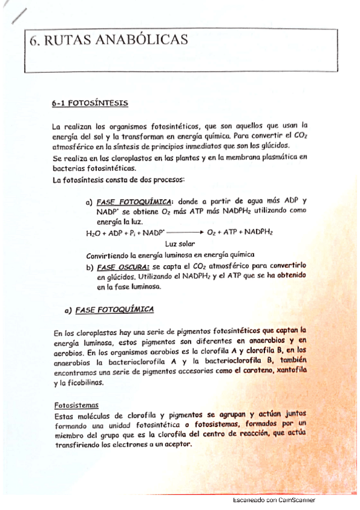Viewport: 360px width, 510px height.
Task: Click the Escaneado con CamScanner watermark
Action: [273, 499]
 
